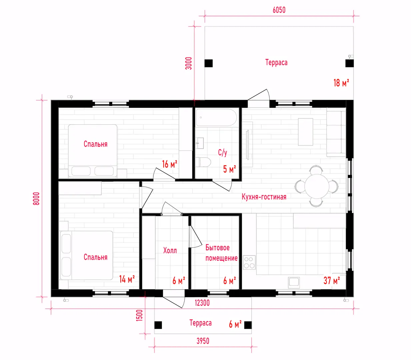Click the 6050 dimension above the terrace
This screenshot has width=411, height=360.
pos(279,10)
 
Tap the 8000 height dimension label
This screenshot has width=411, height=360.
pos(36,198)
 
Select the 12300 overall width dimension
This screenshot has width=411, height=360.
pos(202,303)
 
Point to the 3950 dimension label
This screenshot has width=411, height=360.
pos(203,341)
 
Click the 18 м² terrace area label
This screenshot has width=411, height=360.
pos(341,83)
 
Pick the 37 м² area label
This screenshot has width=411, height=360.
pos(331,280)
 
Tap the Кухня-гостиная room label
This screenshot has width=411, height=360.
pos(264,197)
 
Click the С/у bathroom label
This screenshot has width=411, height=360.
pos(223,152)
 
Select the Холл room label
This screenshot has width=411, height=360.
pos(170,251)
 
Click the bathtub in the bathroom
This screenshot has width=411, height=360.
pos(216,118)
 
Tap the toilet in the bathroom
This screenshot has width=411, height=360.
pos(203,162)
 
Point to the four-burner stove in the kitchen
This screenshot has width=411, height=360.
pos(249,262)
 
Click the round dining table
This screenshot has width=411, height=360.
pos(317,186)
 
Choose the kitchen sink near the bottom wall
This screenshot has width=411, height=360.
pos(294,282)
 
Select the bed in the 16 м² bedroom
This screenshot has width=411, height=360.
pos(93,151)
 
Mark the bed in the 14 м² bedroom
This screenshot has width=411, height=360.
pos(87,255)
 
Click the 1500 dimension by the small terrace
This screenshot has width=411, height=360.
pos(139,315)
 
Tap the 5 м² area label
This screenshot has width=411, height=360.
pos(229,169)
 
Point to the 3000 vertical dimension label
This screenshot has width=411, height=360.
pos(188,63)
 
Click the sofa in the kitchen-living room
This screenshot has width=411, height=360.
pos(336,134)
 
